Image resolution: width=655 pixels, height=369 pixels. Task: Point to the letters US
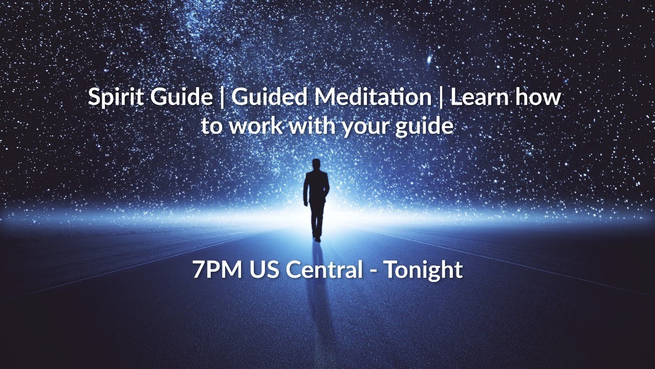[265, 270]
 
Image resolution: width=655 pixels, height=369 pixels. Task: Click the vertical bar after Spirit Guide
[222, 97]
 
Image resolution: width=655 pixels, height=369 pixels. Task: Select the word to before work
[211, 126]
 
